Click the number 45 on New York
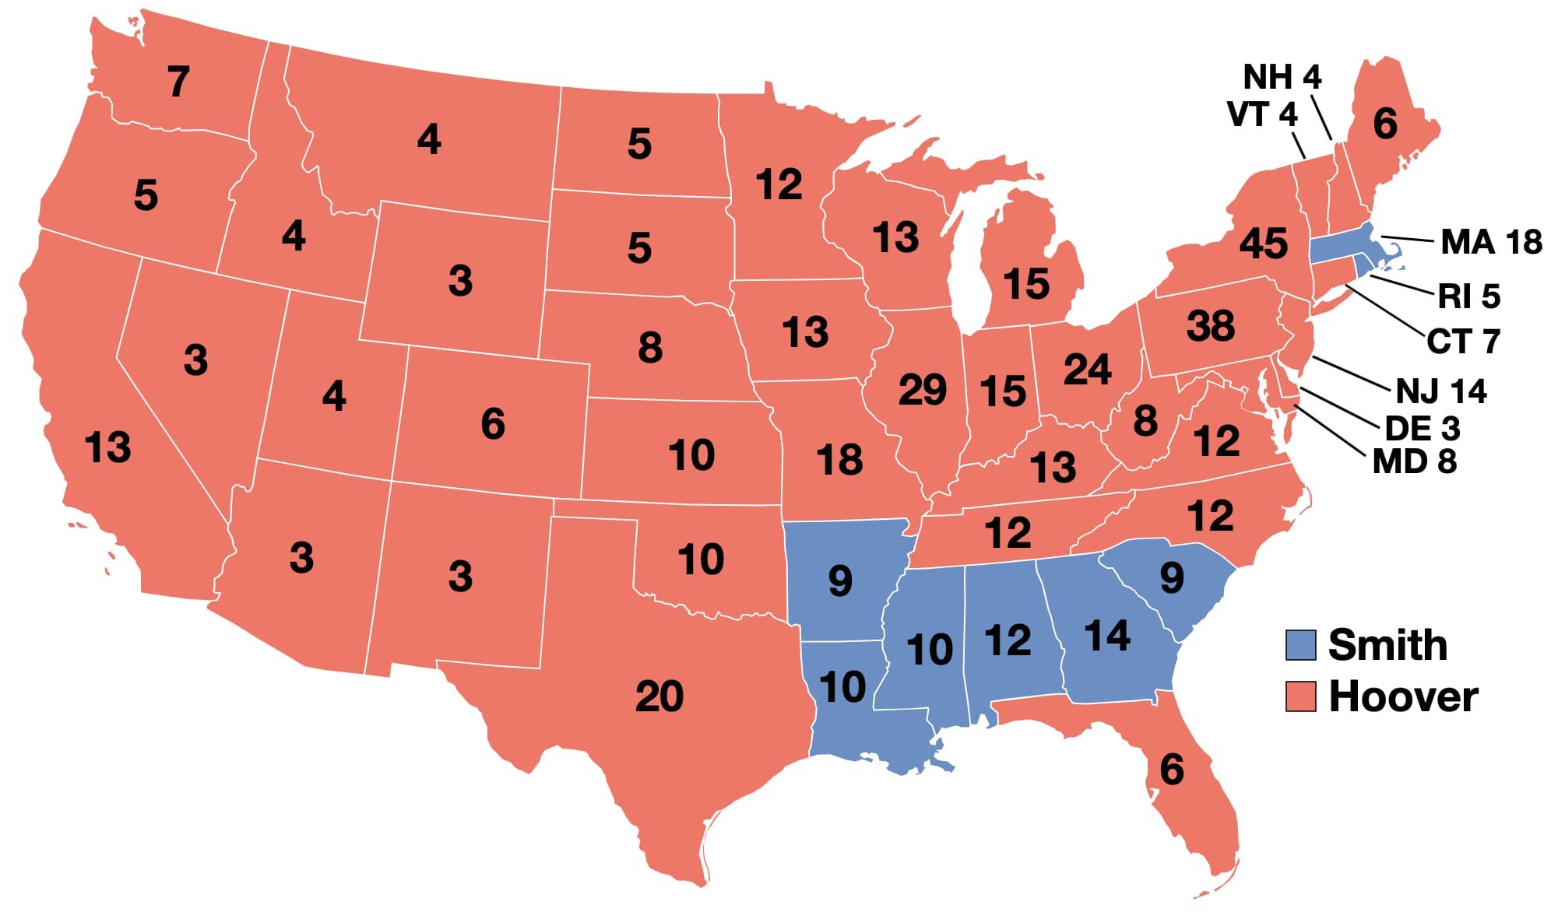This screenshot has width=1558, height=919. (1263, 244)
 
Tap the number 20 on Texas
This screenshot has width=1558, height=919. (659, 696)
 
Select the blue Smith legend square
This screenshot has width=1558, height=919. (1300, 645)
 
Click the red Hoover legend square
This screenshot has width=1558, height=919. (1300, 696)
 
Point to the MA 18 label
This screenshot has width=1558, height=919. (1490, 242)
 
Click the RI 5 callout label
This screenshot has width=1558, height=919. (1468, 296)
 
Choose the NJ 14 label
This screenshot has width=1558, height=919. (1440, 391)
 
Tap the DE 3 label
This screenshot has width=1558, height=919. (1422, 429)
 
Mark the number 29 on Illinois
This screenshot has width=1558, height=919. (922, 389)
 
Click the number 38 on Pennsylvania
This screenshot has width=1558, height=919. (1210, 325)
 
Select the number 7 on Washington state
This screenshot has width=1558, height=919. (178, 81)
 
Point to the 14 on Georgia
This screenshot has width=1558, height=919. (1106, 636)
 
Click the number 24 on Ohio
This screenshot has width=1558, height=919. (1087, 369)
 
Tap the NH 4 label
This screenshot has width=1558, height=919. (1282, 77)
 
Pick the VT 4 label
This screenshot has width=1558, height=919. (1261, 114)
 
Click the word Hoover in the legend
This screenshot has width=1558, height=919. (1403, 696)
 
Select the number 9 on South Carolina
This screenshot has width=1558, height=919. (1171, 577)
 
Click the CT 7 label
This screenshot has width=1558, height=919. (1462, 342)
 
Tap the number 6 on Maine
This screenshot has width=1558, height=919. (1384, 124)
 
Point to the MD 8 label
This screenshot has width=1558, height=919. (1414, 462)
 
